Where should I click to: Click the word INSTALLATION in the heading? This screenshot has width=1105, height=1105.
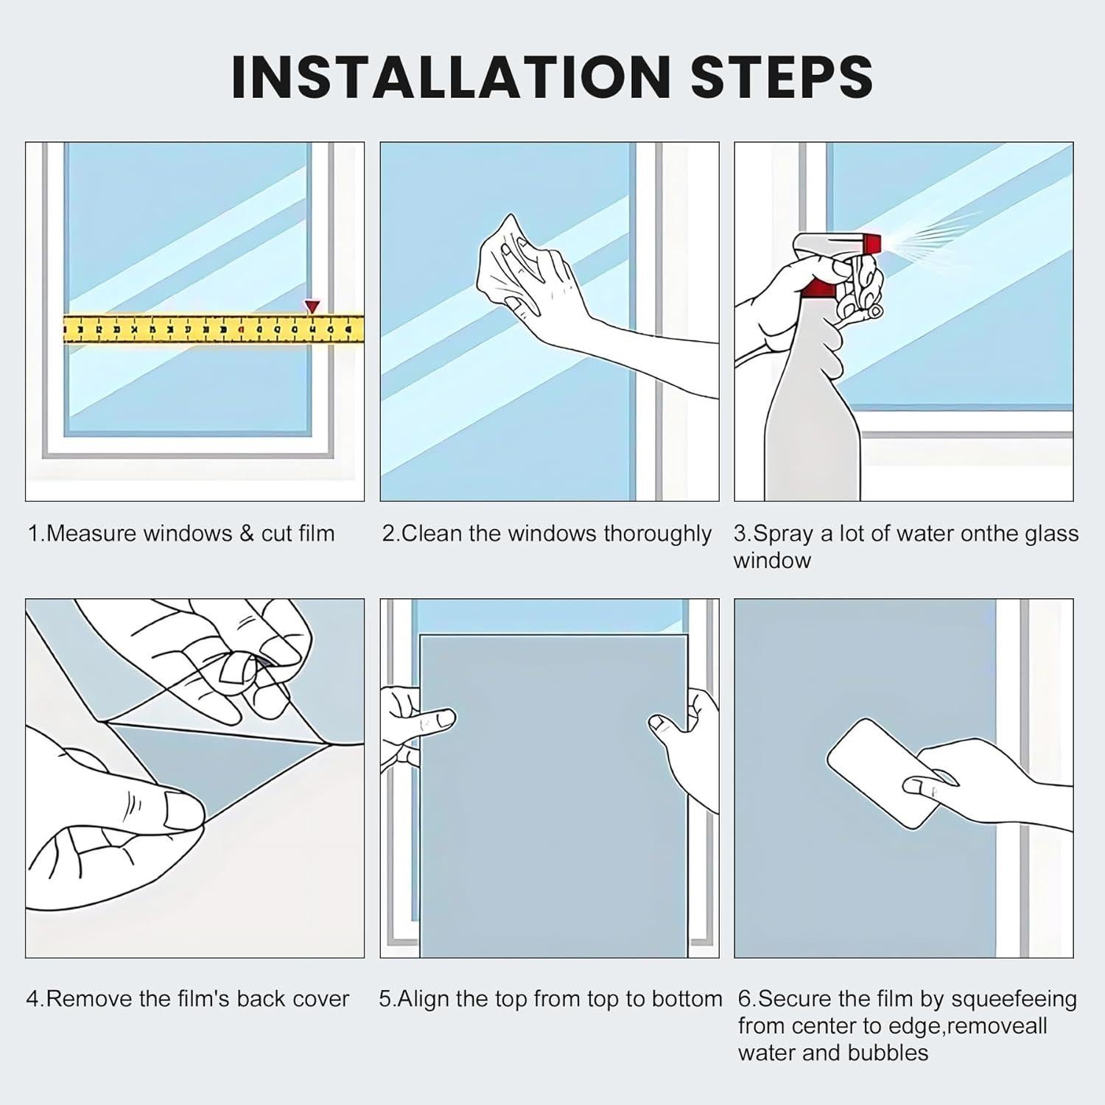tap(450, 76)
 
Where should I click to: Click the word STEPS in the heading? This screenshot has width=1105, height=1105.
tap(782, 76)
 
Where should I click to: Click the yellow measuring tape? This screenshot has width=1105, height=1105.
tap(214, 329)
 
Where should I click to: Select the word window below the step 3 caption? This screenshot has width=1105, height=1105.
tap(772, 561)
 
